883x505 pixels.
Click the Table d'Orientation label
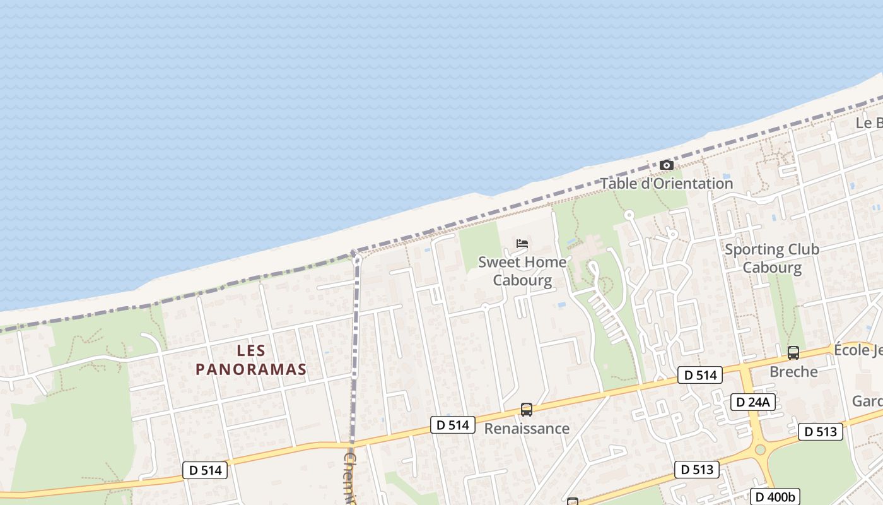click(x=666, y=184)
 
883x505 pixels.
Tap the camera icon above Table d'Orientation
click(x=666, y=165)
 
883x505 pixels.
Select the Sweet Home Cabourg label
click(x=522, y=271)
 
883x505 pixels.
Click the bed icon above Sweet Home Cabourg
click(x=522, y=243)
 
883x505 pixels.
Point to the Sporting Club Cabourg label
click(x=771, y=258)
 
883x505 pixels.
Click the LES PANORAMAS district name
click(x=251, y=360)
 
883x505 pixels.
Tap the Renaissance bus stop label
click(x=527, y=429)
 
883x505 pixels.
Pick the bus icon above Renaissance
click(x=527, y=410)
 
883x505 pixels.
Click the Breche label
click(x=793, y=372)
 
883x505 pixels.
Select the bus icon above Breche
click(x=793, y=353)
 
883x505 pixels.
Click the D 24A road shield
click(x=753, y=402)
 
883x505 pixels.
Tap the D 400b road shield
click(x=775, y=496)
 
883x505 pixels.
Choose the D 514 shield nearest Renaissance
click(x=453, y=425)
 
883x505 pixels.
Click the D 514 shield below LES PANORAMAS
click(x=205, y=470)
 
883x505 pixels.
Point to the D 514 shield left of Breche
click(x=700, y=375)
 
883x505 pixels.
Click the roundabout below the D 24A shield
click(x=760, y=449)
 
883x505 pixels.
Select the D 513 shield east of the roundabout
click(x=821, y=432)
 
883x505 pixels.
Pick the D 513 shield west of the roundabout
click(x=697, y=470)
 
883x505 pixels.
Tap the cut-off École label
click(x=858, y=350)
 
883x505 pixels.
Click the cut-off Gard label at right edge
click(x=867, y=401)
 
